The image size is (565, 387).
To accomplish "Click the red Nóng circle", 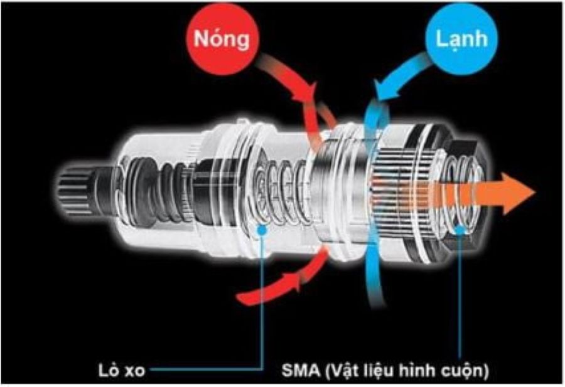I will click(221, 40).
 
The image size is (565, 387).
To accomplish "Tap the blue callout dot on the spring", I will click(260, 229).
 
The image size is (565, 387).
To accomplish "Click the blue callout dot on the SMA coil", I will click(461, 230).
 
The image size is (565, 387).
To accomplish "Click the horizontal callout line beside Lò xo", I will click(201, 370).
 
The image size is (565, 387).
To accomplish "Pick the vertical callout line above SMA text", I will click(461, 295).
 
